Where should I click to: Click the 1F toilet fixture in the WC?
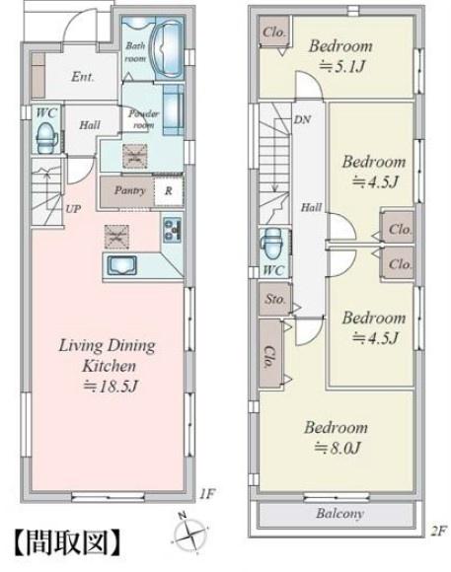46,138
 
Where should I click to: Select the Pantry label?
129,190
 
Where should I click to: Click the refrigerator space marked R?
169,190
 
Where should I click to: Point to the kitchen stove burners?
172,230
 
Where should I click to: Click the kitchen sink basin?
122,265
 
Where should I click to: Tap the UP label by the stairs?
73,209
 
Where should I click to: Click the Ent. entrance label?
83,77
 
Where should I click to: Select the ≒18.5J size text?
111,386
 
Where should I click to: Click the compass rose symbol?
189,534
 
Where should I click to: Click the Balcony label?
340,514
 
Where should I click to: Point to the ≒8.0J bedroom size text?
338,447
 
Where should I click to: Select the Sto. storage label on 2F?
275,299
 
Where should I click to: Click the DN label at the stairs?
302,119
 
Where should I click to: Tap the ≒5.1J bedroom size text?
342,66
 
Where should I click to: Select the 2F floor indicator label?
438,532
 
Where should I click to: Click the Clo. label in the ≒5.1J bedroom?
274,32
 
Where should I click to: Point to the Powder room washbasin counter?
173,108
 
